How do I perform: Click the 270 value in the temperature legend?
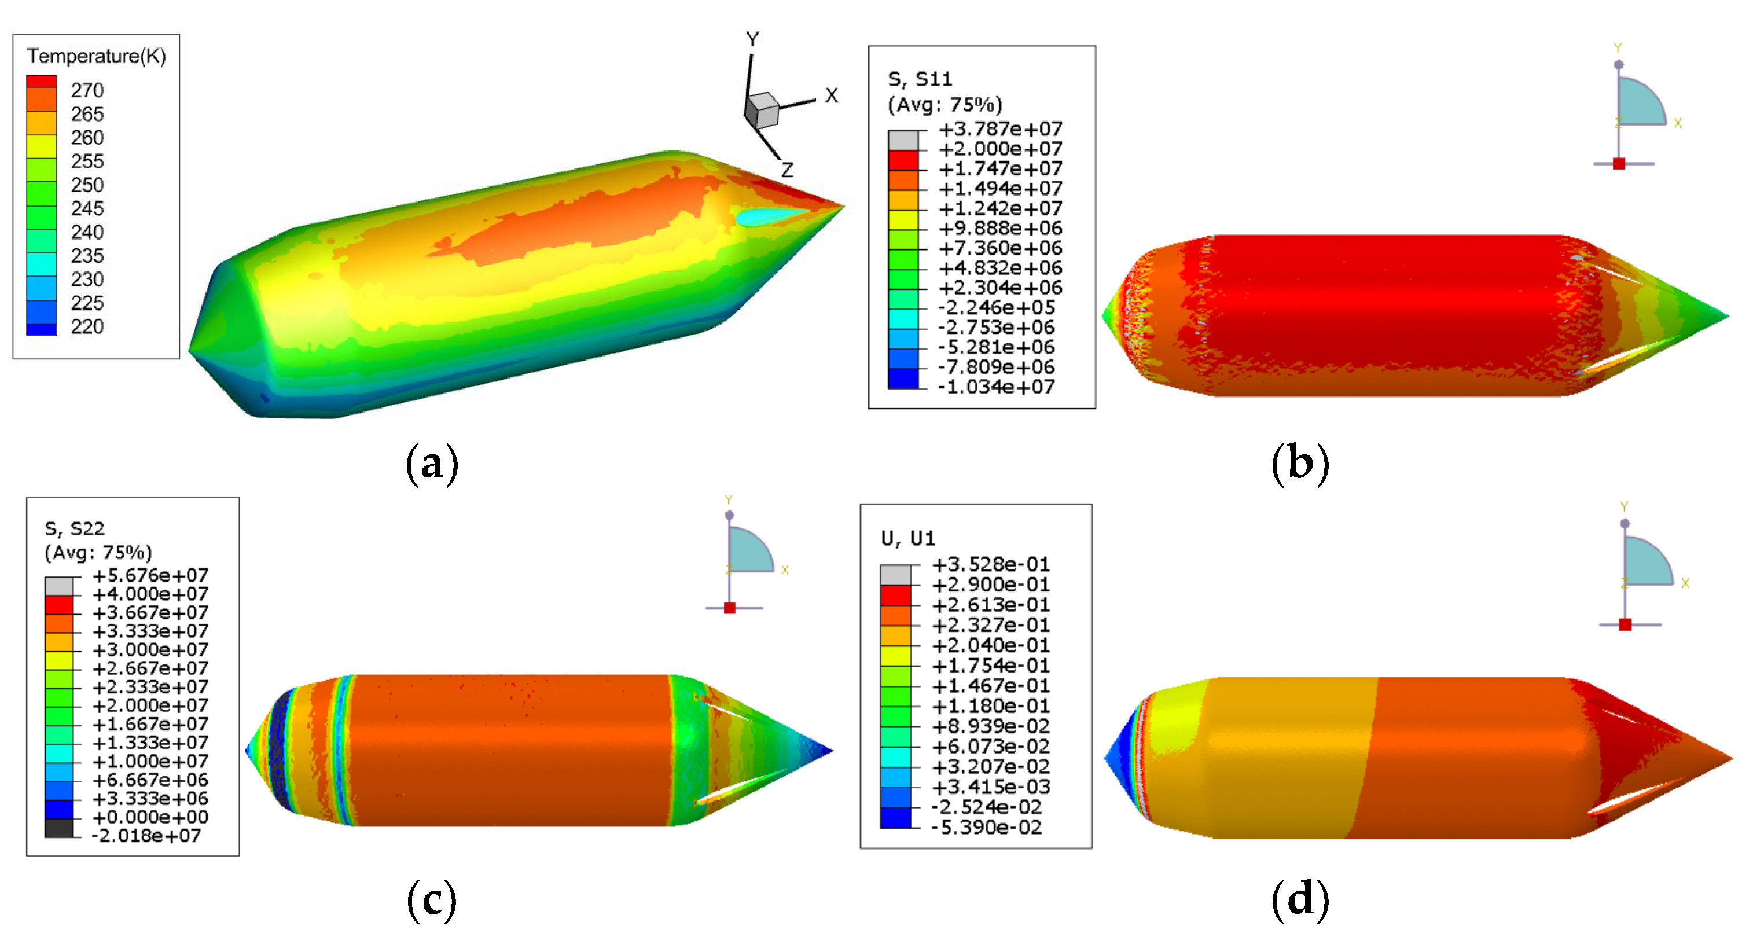pyautogui.click(x=87, y=90)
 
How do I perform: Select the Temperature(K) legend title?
pyautogui.click(x=97, y=56)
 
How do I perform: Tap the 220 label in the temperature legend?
pyautogui.click(x=87, y=326)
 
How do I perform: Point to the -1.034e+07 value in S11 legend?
pyautogui.click(x=996, y=387)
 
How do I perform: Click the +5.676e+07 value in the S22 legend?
pyautogui.click(x=150, y=576)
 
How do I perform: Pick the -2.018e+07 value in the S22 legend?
pyautogui.click(x=147, y=836)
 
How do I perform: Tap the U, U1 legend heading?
pyautogui.click(x=908, y=539)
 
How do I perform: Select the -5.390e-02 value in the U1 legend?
pyautogui.click(x=987, y=828)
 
